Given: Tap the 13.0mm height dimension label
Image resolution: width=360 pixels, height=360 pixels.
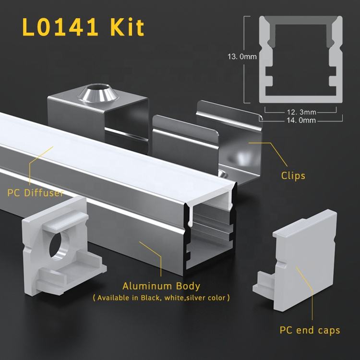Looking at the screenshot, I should coord(242,57).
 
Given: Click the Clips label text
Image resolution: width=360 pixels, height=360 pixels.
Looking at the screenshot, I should coord(293,176).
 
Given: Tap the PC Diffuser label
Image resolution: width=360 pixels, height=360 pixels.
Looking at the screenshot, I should coord(36,193).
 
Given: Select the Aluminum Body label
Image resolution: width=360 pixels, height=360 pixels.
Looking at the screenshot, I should coord(161,286).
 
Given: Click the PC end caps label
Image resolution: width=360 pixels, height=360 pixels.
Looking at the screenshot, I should coord(310,330).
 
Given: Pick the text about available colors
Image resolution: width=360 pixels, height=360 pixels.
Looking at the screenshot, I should coord(161,298).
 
